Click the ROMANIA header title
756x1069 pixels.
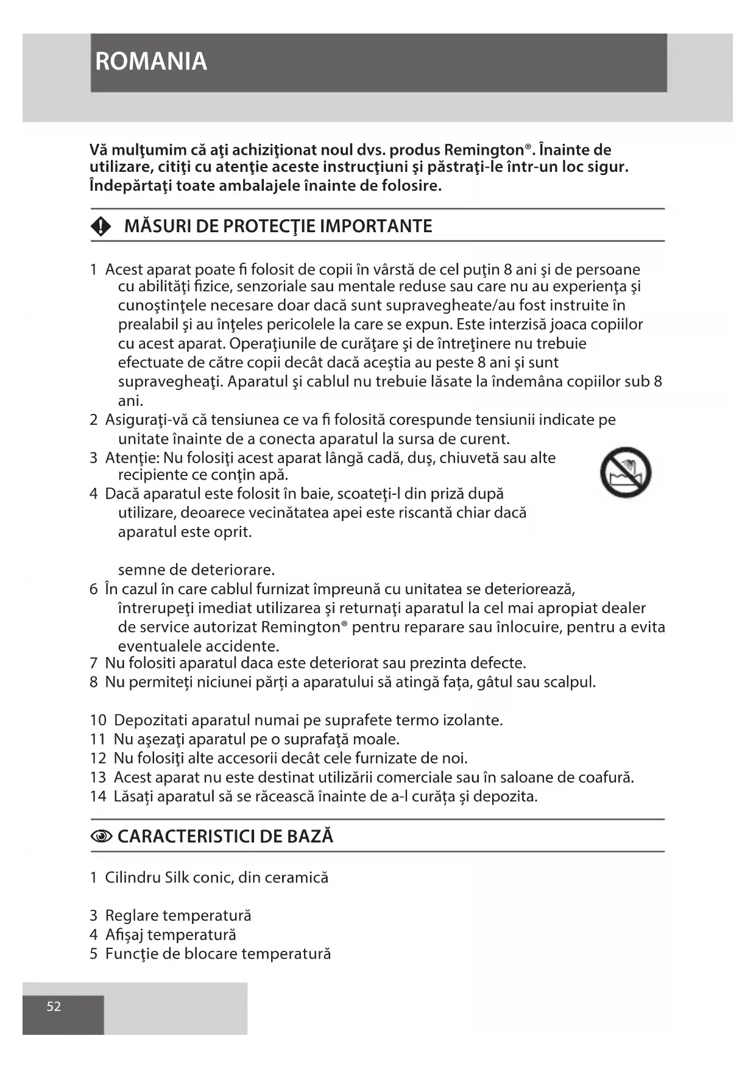[x=151, y=62]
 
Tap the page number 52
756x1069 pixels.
[x=54, y=1006]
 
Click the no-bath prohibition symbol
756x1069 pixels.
[x=625, y=472]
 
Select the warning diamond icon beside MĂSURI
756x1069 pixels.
[x=101, y=227]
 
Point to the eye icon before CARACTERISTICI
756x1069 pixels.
[x=101, y=837]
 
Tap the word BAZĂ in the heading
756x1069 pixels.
[x=311, y=836]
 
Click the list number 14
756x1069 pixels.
[x=98, y=797]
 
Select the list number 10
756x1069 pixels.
[x=98, y=720]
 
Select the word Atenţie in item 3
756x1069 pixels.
[x=132, y=458]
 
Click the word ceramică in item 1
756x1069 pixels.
[x=300, y=878]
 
